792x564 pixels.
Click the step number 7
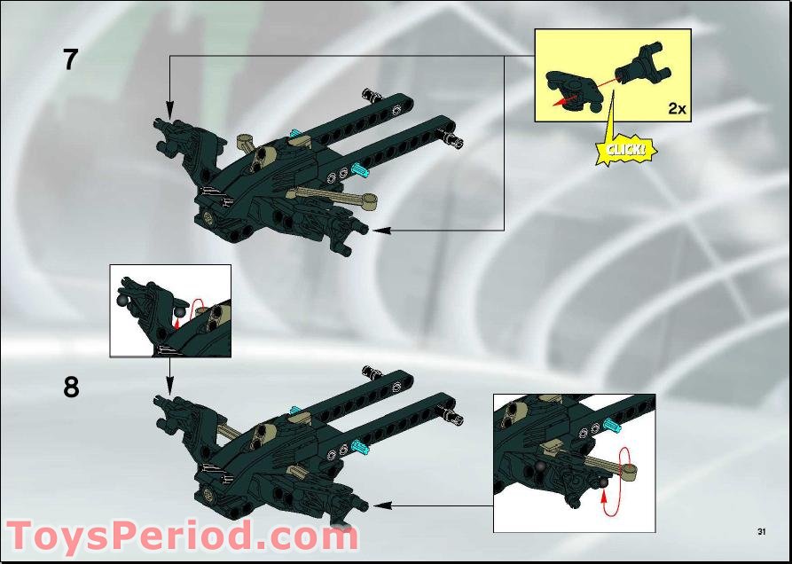point(70,59)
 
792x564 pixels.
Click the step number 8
point(71,388)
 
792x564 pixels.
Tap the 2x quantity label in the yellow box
point(677,108)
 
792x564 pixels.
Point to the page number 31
point(761,531)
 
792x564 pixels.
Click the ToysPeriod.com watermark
point(182,536)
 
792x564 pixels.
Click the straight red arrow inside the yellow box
point(576,92)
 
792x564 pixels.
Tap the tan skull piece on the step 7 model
point(263,159)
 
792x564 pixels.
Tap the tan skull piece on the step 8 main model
point(263,435)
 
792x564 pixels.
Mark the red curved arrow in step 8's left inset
point(197,312)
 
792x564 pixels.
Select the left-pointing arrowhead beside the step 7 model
point(380,231)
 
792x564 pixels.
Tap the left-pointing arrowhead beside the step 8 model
point(381,506)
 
